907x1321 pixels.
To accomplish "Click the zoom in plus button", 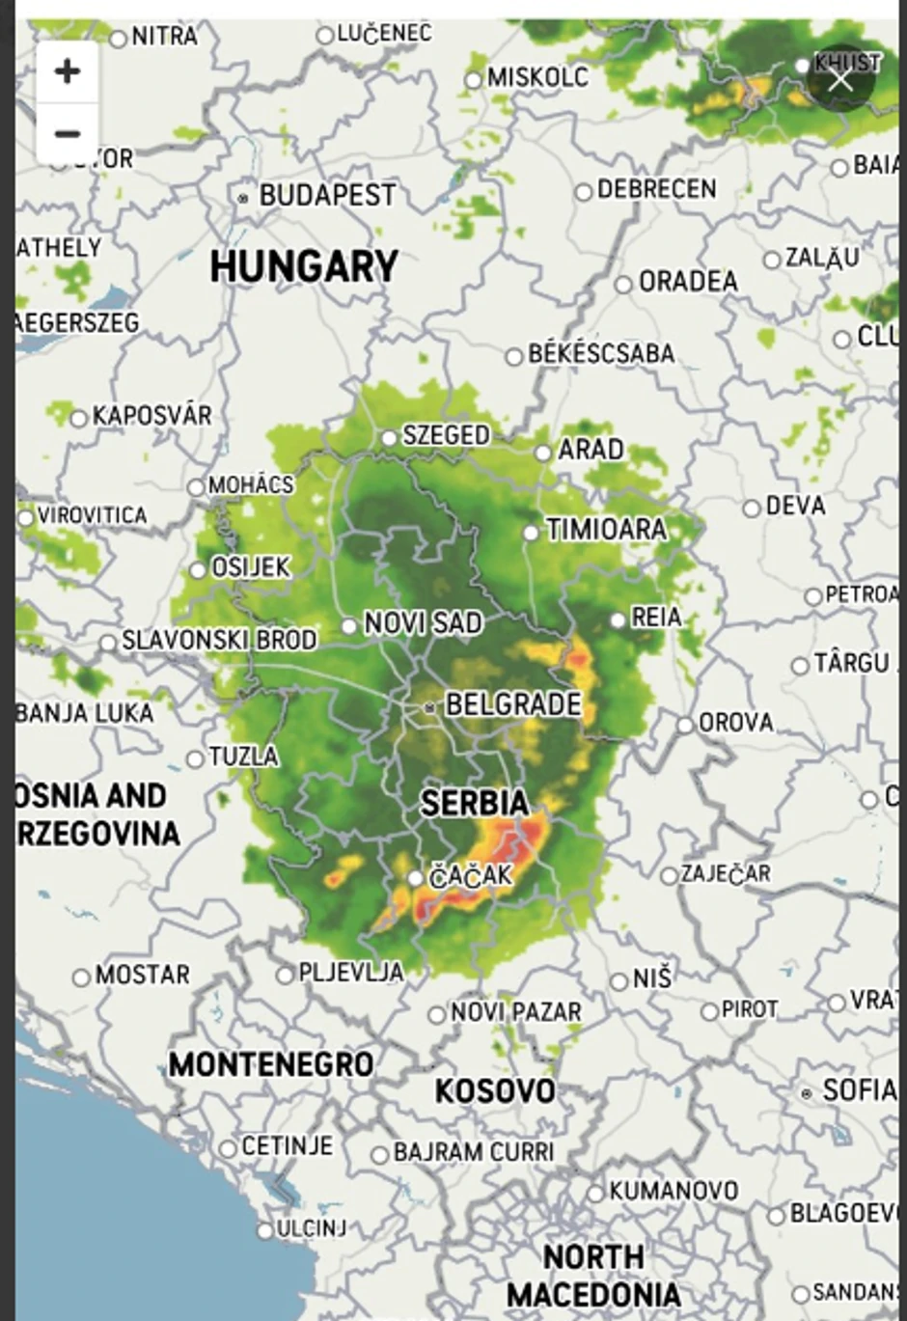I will coord(67,71).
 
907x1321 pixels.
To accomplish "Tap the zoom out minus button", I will coord(67,133).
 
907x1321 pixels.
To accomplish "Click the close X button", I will coord(840,79).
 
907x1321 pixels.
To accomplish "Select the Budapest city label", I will coord(326,195).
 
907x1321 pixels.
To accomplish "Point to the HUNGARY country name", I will coord(304,266).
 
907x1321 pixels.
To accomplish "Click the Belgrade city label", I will coord(512,704).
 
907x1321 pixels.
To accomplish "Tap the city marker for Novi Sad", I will coord(349,626).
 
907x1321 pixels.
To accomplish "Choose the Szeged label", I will coord(445,435).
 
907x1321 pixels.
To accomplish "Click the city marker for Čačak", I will coord(415,878).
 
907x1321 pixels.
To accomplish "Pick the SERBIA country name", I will coord(474,803).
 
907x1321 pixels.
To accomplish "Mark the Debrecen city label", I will coord(656,189).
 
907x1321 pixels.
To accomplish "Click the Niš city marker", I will coord(619,982).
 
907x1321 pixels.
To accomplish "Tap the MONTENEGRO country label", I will coord(271,1064).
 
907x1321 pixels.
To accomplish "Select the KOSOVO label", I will coord(494,1090).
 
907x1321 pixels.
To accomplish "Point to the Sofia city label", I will coord(859,1090).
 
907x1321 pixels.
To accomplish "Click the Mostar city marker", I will coord(82,977).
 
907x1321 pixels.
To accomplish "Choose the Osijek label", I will coord(250,567).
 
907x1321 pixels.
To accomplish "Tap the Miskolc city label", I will coord(536,77).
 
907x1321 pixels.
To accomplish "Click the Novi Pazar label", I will coord(515,1012).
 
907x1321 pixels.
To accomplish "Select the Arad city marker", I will coord(543,453).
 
